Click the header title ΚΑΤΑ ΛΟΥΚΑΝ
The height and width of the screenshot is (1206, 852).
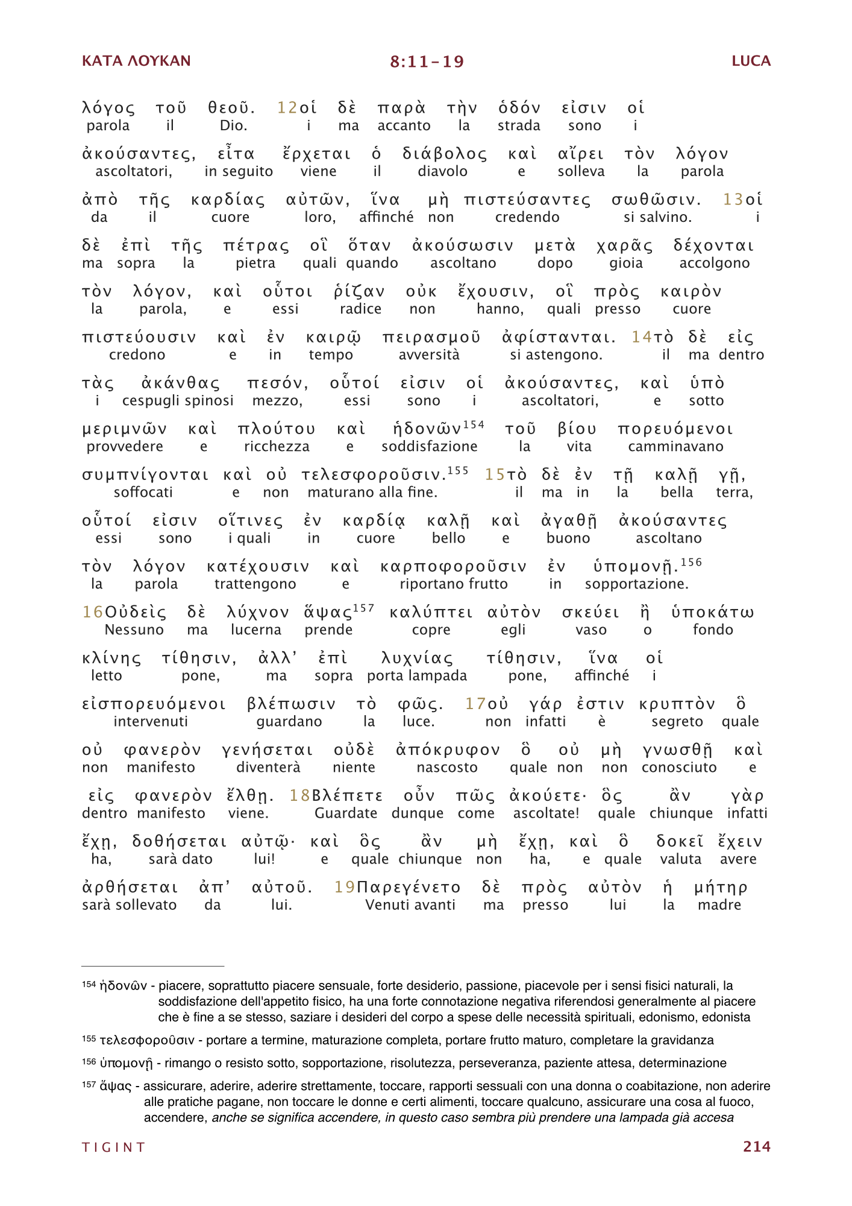(136, 61)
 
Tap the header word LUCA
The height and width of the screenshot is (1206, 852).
(751, 61)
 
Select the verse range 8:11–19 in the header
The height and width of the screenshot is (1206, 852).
(427, 62)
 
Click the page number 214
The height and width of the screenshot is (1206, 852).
(756, 1146)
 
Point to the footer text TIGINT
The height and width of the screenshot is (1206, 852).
(114, 1147)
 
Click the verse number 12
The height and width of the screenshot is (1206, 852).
(287, 108)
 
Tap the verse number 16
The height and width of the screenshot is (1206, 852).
(93, 613)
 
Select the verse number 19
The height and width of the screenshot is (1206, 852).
(345, 888)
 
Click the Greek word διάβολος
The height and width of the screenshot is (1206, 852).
(445, 154)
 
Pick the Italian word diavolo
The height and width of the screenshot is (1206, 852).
(442, 171)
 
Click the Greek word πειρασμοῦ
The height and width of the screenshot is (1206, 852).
(431, 338)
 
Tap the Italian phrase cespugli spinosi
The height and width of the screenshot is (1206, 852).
(178, 400)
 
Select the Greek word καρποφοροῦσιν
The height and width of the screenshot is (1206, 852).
(453, 567)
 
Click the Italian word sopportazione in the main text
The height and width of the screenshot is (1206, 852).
(636, 584)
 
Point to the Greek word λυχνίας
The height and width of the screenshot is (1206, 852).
(417, 658)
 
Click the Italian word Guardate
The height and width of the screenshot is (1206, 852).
(346, 813)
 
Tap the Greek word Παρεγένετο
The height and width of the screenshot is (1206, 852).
(409, 888)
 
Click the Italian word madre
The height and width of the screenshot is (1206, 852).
(719, 904)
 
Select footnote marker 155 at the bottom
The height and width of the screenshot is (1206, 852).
(89, 1039)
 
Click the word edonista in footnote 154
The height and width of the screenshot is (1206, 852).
(728, 1017)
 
